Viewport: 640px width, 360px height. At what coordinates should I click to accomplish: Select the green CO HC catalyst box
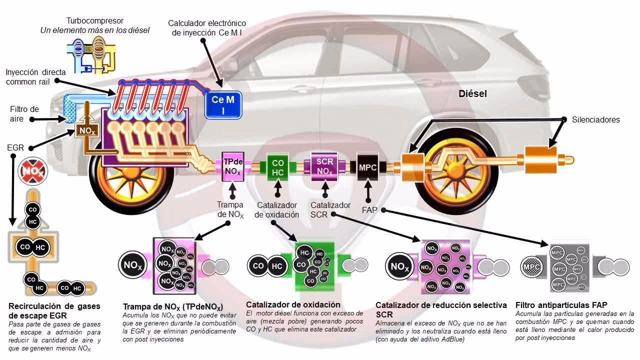[x=277, y=167]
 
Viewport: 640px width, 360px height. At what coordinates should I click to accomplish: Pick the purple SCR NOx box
[x=324, y=165]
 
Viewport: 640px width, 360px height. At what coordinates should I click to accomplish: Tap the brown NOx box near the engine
[x=85, y=131]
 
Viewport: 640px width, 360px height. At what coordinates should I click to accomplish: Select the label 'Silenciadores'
[x=595, y=119]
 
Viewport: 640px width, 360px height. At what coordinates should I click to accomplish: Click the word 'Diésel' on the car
[x=472, y=93]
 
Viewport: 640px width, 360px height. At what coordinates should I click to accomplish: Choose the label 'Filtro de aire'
[x=24, y=113]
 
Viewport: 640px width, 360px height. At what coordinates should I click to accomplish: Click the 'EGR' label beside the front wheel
[x=15, y=148]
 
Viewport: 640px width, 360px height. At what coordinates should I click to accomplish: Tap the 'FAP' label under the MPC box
[x=369, y=210]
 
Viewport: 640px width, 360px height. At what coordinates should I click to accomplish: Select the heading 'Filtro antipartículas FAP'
[x=561, y=305]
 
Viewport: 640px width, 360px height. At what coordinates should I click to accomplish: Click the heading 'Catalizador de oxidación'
[x=293, y=304]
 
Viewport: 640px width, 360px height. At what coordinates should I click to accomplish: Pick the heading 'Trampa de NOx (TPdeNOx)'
[x=173, y=306]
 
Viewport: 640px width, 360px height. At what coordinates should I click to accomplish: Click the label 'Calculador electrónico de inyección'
[x=206, y=28]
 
